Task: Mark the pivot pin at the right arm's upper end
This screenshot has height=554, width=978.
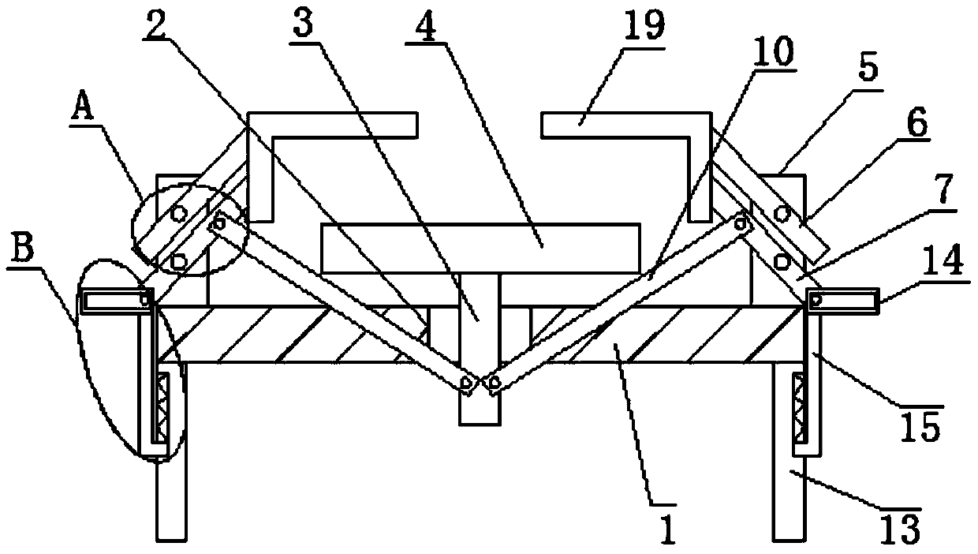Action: coord(741,223)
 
